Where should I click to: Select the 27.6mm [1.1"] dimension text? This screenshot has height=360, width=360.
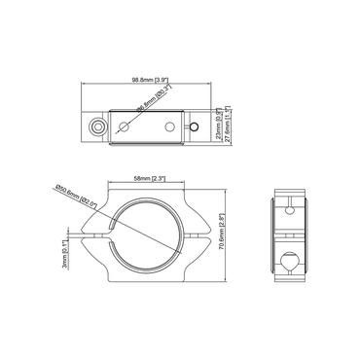227,126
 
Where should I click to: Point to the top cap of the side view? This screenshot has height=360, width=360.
289,187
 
